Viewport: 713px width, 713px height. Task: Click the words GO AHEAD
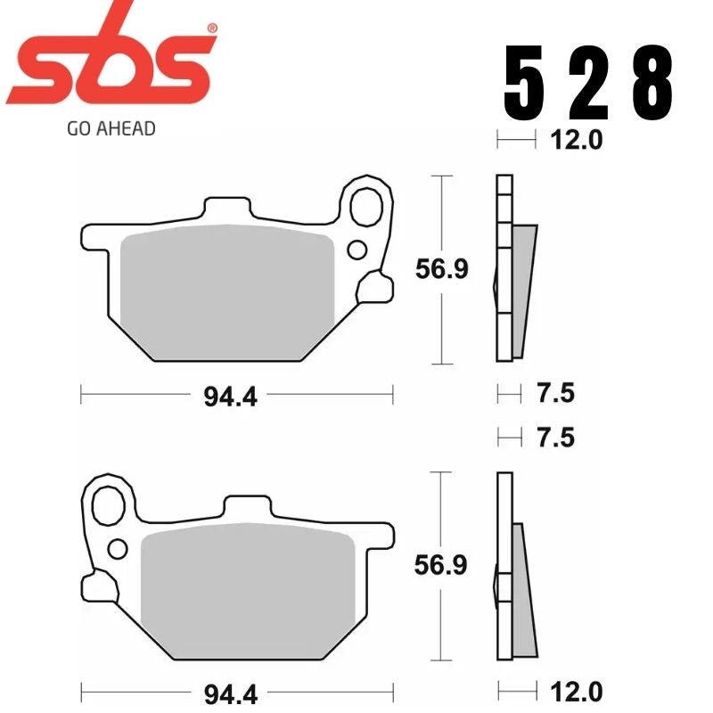click(111, 128)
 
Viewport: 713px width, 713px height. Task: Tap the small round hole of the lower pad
click(117, 545)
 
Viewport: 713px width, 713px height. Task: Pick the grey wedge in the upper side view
click(525, 285)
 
